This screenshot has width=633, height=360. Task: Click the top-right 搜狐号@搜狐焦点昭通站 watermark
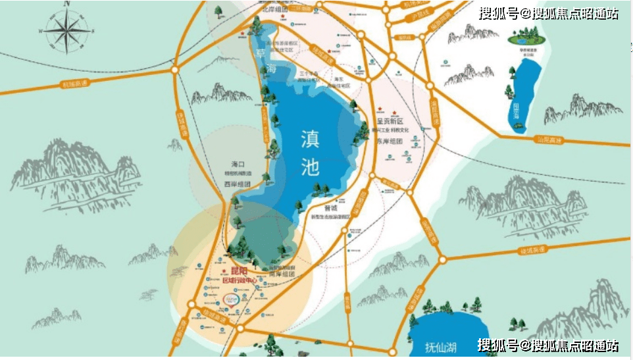tap(548, 13)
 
